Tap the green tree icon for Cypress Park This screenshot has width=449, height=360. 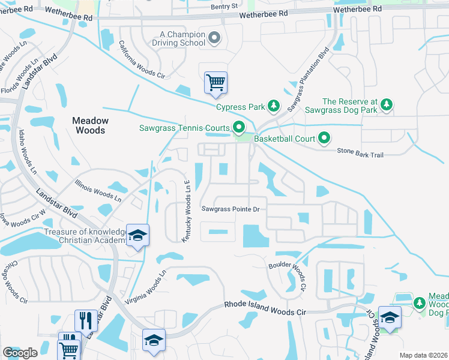point(274,107)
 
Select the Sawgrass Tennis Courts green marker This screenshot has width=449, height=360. point(238,127)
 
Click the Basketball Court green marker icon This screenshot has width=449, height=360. point(324,139)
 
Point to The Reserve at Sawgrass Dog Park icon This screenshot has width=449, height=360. point(387,105)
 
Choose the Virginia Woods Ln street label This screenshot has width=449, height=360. point(144,287)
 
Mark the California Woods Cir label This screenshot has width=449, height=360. point(141,60)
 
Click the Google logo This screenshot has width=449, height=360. point(20,353)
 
